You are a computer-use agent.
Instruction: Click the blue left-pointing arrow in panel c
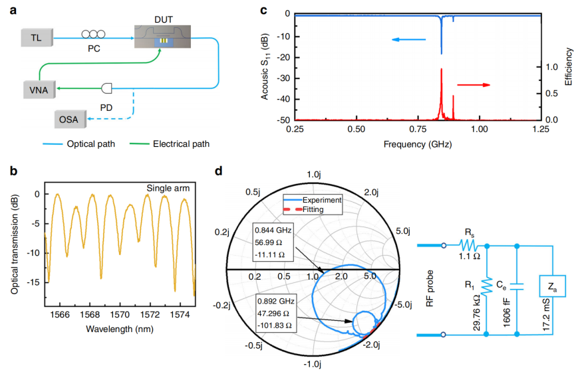[x=408, y=40]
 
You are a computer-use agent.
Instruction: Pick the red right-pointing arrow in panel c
[x=472, y=85]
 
